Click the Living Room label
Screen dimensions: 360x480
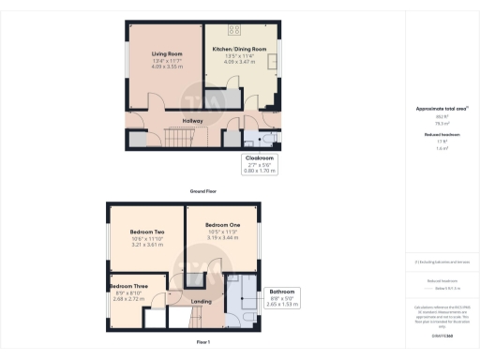pyautogui.click(x=165, y=54)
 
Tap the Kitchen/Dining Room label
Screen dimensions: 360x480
pyautogui.click(x=239, y=49)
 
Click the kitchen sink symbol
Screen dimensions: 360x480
pyautogui.click(x=273, y=62)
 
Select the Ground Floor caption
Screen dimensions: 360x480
pyautogui.click(x=203, y=191)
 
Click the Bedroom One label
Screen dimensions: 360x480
pyautogui.click(x=222, y=226)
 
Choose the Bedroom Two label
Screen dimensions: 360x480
pyautogui.click(x=146, y=232)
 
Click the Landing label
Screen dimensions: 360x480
pyautogui.click(x=202, y=301)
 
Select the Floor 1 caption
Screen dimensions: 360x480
pyautogui.click(x=203, y=343)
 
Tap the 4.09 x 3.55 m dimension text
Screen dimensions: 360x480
pyautogui.click(x=165, y=67)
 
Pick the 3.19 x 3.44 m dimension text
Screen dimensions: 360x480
pyautogui.click(x=222, y=238)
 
